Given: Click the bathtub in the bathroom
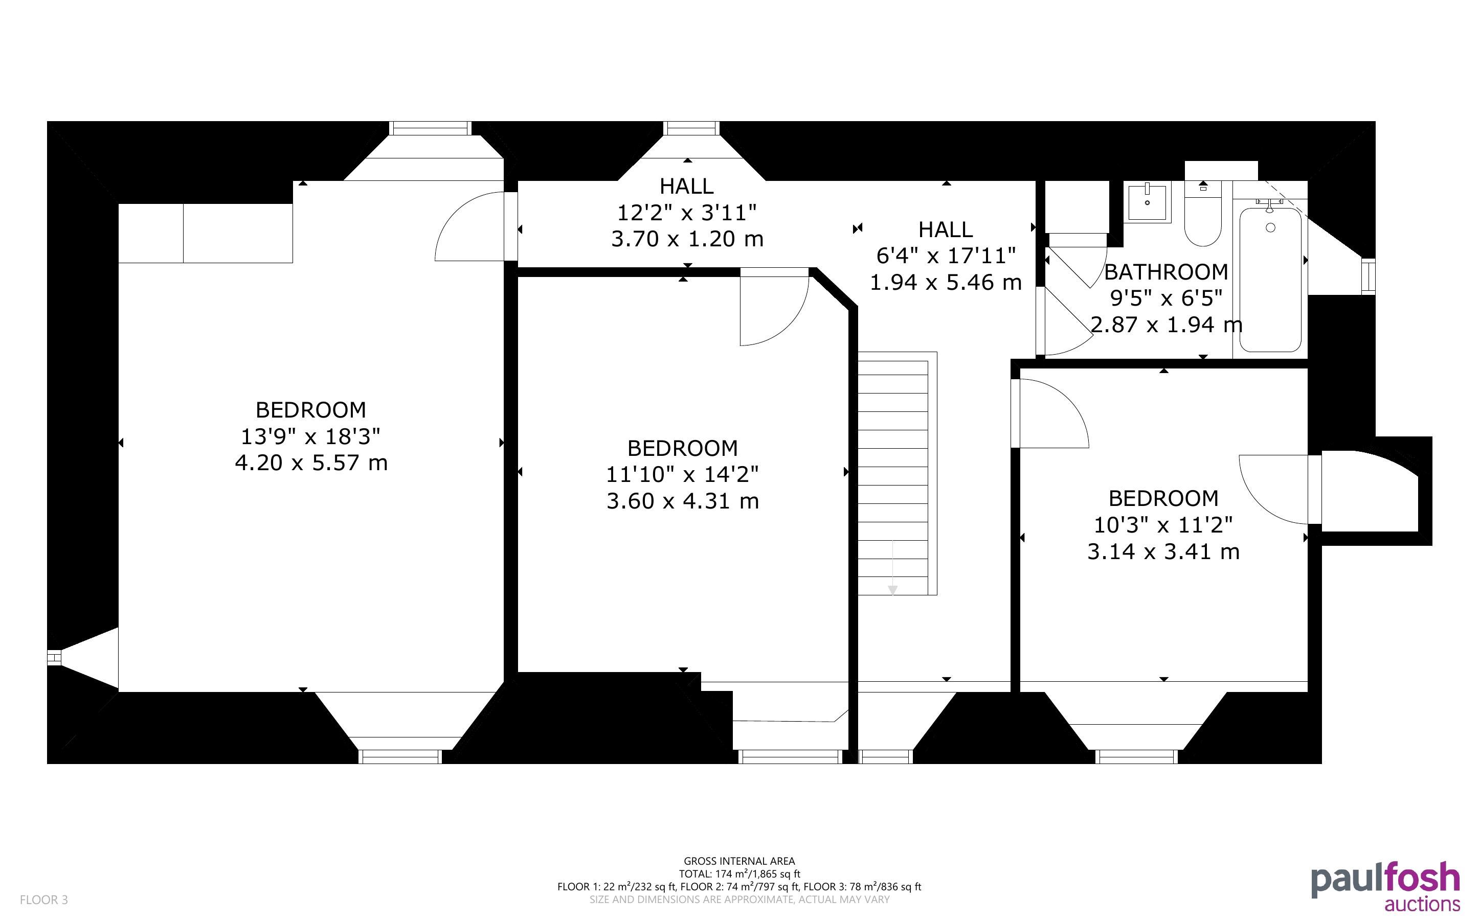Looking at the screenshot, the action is tap(1270, 280).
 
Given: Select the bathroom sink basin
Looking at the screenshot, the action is tap(1147, 202).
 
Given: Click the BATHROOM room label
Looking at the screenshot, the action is tap(1166, 272).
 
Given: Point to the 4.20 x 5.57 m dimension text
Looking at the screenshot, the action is tap(311, 463).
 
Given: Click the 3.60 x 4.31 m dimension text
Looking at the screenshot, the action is tap(682, 501).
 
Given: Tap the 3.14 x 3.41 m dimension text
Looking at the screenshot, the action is tap(1163, 552).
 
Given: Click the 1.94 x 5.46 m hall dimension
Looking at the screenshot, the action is tap(946, 282).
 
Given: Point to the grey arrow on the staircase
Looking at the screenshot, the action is tap(892, 567).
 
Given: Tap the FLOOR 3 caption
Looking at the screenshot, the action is tap(44, 899).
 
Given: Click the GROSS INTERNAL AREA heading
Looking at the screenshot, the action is tap(739, 861).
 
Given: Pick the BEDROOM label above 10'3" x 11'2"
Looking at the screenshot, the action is tap(1163, 499).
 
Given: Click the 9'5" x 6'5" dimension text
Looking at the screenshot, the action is tap(1166, 298).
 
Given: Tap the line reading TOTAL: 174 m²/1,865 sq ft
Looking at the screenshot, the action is tap(739, 874).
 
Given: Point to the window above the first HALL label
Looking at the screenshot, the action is tap(691, 128).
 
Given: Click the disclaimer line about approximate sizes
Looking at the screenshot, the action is tap(739, 899).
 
